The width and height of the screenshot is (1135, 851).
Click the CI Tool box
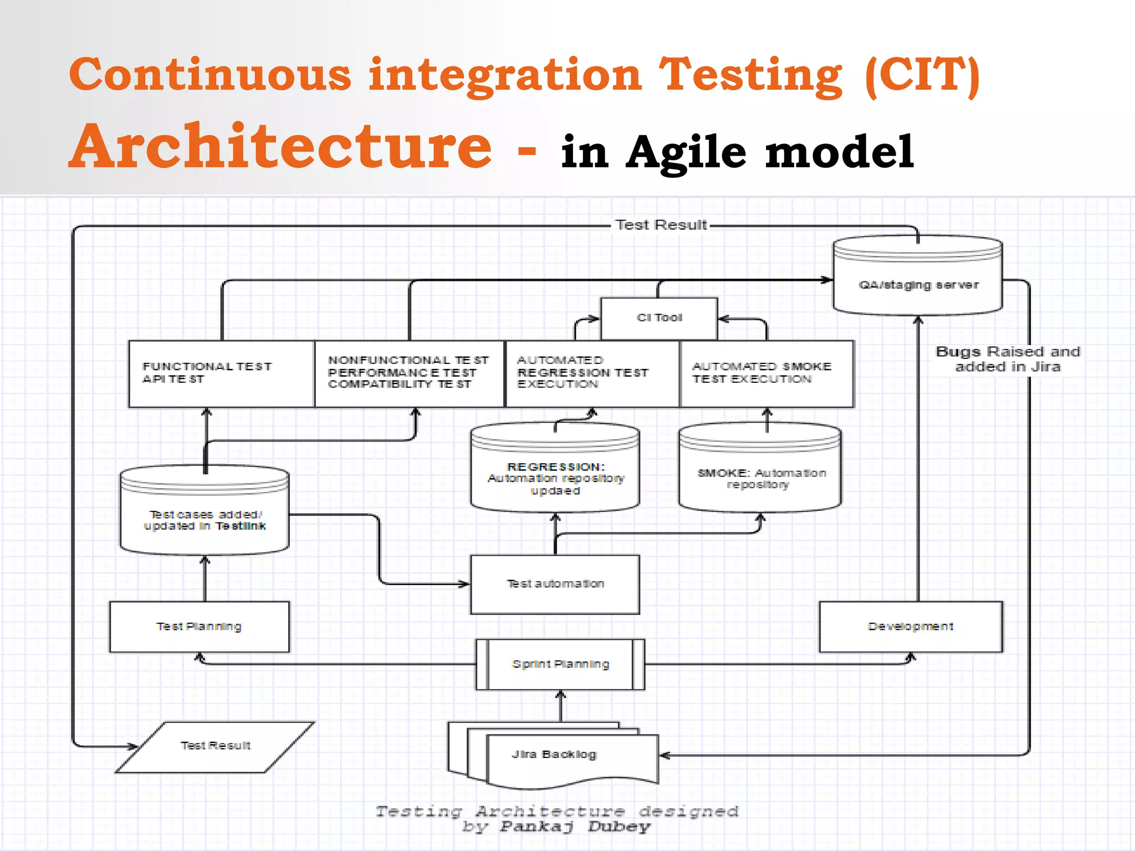coord(659,318)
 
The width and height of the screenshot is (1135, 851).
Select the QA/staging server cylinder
coord(918,285)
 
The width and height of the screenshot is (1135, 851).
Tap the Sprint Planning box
coord(560,664)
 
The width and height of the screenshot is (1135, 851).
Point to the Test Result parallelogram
coord(215,746)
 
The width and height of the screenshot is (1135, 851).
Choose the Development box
coord(911,627)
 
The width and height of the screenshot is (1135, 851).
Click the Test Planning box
coord(199,627)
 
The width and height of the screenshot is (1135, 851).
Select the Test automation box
coord(555,584)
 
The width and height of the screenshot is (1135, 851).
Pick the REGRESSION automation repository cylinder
coord(555,476)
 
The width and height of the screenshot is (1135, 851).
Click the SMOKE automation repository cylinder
coord(760,476)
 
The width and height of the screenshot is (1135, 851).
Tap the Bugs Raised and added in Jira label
coord(1008,359)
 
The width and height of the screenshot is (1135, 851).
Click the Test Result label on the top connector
coord(661,225)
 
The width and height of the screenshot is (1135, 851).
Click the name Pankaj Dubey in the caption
coord(575,827)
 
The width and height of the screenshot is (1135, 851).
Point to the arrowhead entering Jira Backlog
coord(664,755)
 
